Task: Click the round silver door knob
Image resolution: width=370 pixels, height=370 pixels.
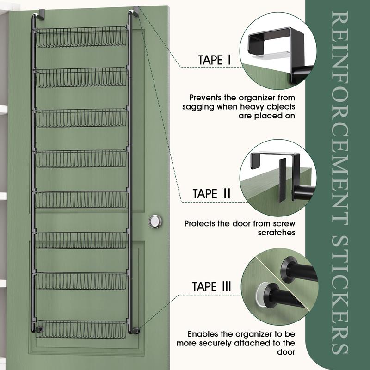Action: [x=155, y=221]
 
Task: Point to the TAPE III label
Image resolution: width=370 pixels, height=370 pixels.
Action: [x=212, y=286]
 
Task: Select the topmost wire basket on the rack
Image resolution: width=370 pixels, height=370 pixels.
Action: [x=82, y=37]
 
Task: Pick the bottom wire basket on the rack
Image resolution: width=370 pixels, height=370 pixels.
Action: [x=82, y=329]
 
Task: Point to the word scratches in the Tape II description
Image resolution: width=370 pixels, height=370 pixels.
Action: [x=276, y=233]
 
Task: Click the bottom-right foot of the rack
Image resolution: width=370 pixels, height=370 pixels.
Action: [x=135, y=330]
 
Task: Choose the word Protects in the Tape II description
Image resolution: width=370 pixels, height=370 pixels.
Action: [x=200, y=223]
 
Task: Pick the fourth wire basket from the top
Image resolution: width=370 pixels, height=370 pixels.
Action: [x=82, y=159]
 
